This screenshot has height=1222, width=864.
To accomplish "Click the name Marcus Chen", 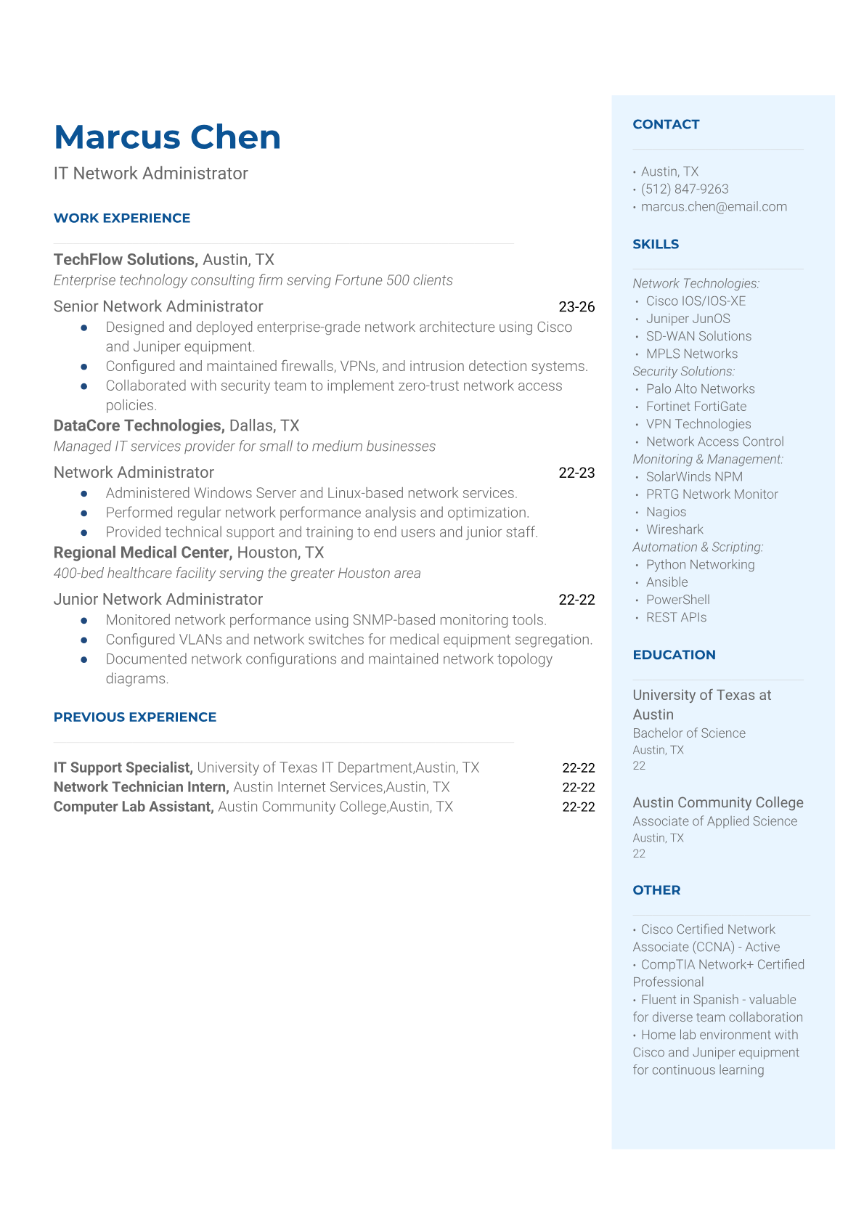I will tap(167, 137).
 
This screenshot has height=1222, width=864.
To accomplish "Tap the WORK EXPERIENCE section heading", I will tap(122, 218).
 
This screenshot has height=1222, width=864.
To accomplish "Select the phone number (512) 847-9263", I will tap(685, 189).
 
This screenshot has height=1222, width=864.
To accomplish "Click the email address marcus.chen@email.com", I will tap(714, 207).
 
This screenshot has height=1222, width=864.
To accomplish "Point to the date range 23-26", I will tap(576, 307).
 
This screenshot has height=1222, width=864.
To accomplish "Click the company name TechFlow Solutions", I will tap(125, 260).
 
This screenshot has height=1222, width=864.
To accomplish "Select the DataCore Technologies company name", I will tap(138, 425).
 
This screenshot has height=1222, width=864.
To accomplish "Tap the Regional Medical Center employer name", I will tap(143, 553).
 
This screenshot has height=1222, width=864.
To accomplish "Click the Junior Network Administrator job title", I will tap(158, 600).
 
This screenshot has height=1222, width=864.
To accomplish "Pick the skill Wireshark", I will tap(675, 529).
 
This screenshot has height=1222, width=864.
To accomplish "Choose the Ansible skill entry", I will tap(667, 582).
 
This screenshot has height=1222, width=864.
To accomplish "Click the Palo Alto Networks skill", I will tap(700, 389).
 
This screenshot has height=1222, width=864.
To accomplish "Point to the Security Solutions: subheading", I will tap(683, 371).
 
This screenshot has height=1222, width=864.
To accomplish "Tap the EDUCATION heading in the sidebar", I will tap(674, 655).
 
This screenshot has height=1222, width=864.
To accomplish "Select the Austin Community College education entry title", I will tap(717, 802).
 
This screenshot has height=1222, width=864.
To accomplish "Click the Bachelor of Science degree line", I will tap(689, 733).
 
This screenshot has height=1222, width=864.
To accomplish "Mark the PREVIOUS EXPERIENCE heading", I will tap(135, 717).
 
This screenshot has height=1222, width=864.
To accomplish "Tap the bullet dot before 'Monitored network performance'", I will tap(84, 621).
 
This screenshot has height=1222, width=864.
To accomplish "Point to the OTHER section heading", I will tap(656, 890).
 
